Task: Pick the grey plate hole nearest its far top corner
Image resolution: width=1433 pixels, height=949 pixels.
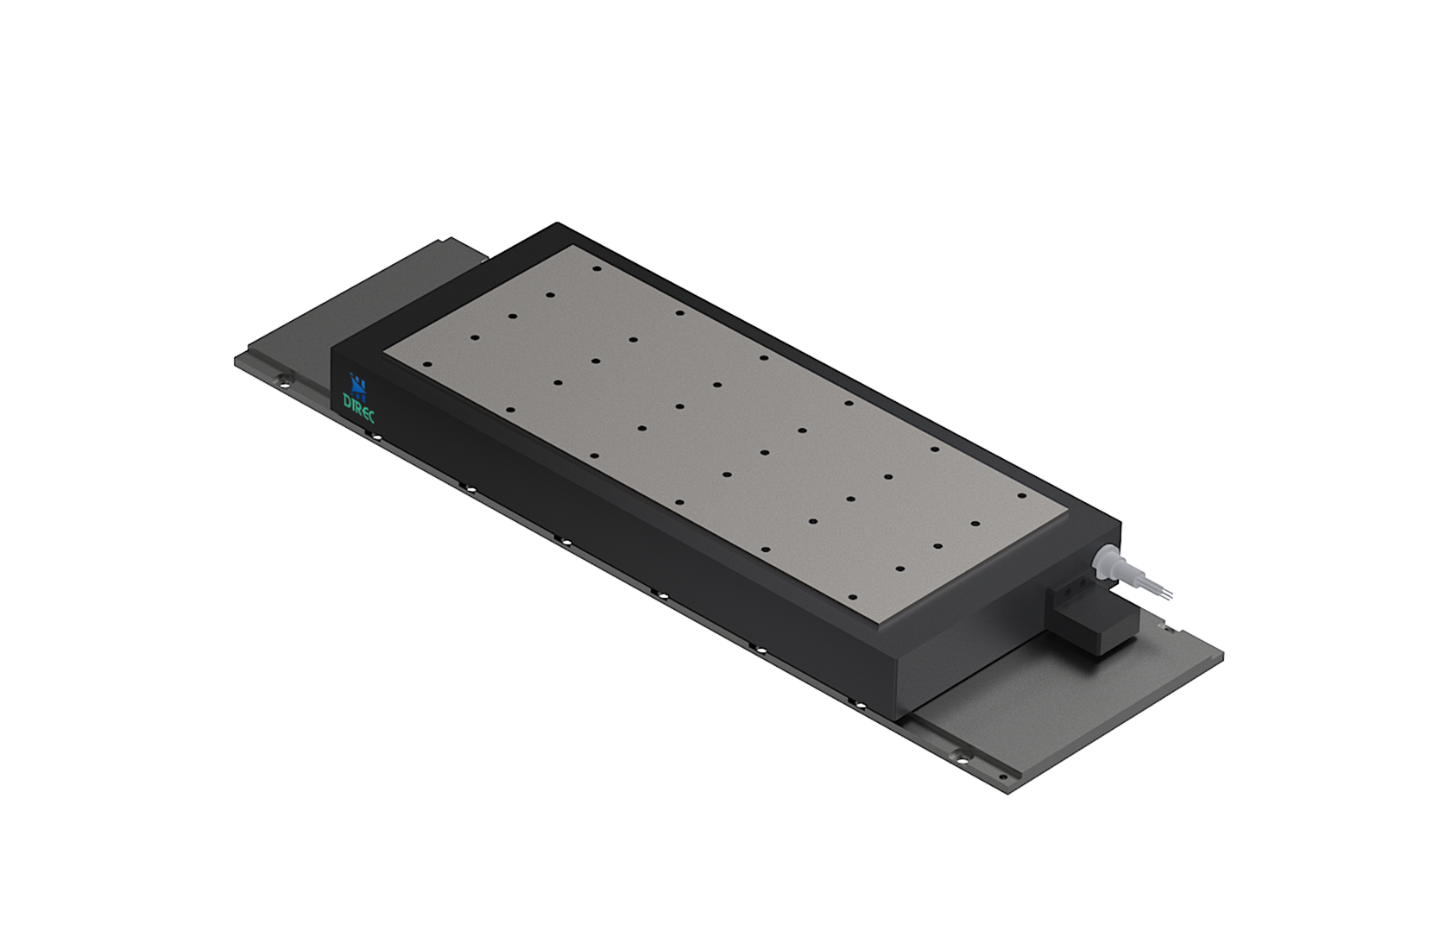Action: coord(597,269)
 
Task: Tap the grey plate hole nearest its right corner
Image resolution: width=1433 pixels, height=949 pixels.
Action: coord(1021,495)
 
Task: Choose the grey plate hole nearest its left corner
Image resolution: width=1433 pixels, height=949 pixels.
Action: coord(428,364)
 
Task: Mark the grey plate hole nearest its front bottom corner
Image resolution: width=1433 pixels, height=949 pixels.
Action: coord(854,597)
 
